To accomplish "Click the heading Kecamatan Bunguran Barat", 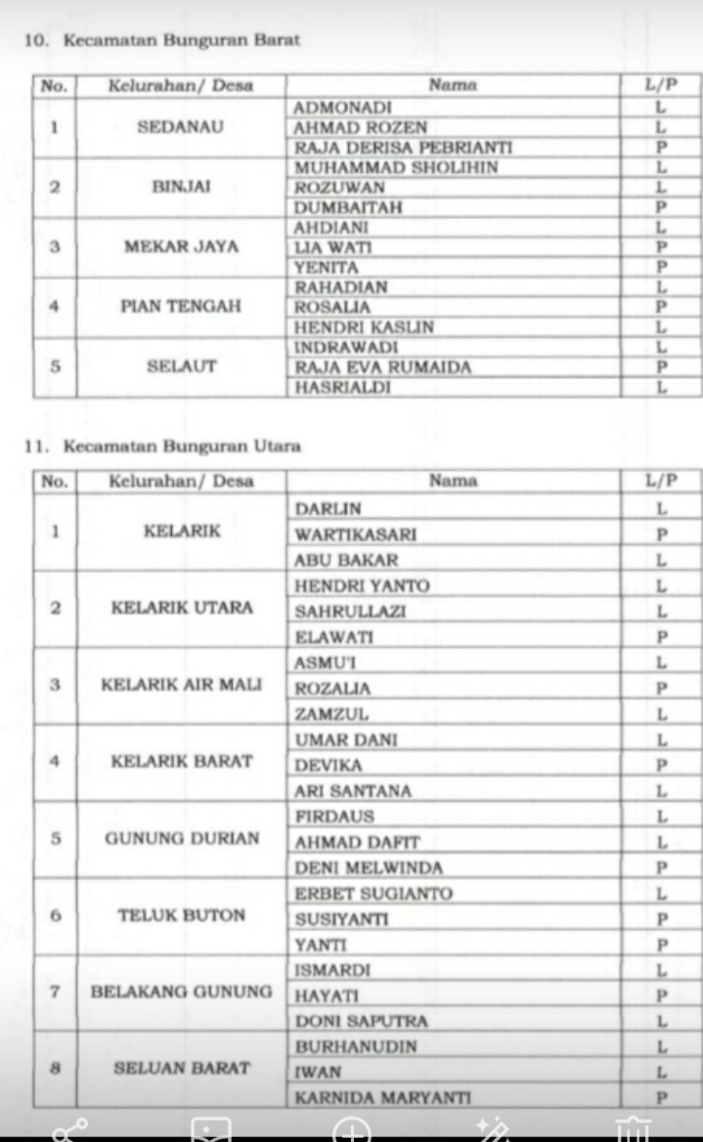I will [181, 40].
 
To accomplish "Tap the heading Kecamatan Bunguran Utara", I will [182, 447].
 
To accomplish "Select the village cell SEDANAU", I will [181, 127].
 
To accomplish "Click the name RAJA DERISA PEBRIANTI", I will [403, 148].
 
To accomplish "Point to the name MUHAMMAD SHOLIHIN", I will [396, 167].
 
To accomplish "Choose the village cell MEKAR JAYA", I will [181, 246].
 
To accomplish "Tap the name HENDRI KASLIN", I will [365, 327].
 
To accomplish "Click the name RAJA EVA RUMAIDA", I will [383, 367].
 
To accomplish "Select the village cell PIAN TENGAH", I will [181, 306].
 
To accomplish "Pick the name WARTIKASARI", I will [356, 535].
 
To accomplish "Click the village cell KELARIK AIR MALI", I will [182, 684].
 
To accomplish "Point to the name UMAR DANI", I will [346, 740].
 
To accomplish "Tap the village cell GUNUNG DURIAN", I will [182, 839].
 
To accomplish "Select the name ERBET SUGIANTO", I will [373, 894].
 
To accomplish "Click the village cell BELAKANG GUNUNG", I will [182, 991].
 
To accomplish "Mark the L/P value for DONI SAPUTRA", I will [661, 1022].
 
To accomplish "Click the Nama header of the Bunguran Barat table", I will [453, 85].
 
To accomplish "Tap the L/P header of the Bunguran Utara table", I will [661, 480].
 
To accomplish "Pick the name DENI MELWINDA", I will [369, 867].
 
